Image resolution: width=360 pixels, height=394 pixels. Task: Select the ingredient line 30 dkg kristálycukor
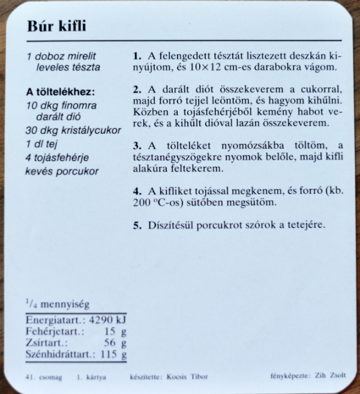tap(73, 130)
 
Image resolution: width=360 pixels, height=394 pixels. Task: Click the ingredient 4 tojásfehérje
tap(62, 158)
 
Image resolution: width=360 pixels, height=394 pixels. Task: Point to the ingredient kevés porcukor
tap(62, 171)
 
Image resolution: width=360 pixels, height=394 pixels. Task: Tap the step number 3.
tap(137, 146)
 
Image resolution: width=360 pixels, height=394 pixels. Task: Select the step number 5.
tap(137, 225)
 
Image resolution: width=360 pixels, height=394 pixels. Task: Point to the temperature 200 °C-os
tap(160, 203)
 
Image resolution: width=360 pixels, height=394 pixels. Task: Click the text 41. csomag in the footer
tap(39, 377)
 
